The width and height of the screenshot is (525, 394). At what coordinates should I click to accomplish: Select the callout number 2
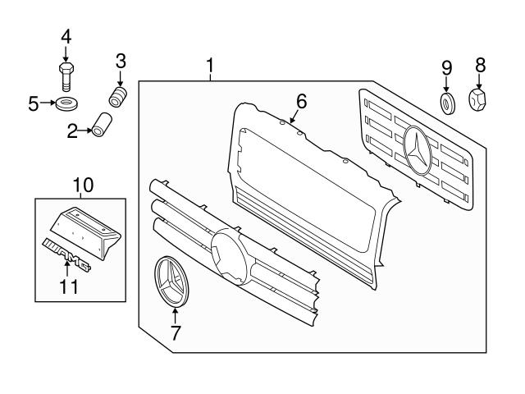pos(73,129)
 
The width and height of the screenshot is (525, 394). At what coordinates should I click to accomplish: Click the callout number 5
pos(34,103)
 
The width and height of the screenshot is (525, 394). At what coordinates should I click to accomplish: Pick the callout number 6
pos(301,102)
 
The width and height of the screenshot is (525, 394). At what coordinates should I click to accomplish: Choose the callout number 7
pos(174,333)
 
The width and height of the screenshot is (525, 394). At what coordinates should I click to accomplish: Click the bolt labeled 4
pos(66,76)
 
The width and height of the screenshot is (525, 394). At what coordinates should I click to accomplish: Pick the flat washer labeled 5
pos(66,104)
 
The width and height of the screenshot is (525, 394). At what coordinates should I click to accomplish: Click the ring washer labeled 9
pos(448,104)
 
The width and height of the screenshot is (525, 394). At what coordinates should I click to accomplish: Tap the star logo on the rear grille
pos(419,150)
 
